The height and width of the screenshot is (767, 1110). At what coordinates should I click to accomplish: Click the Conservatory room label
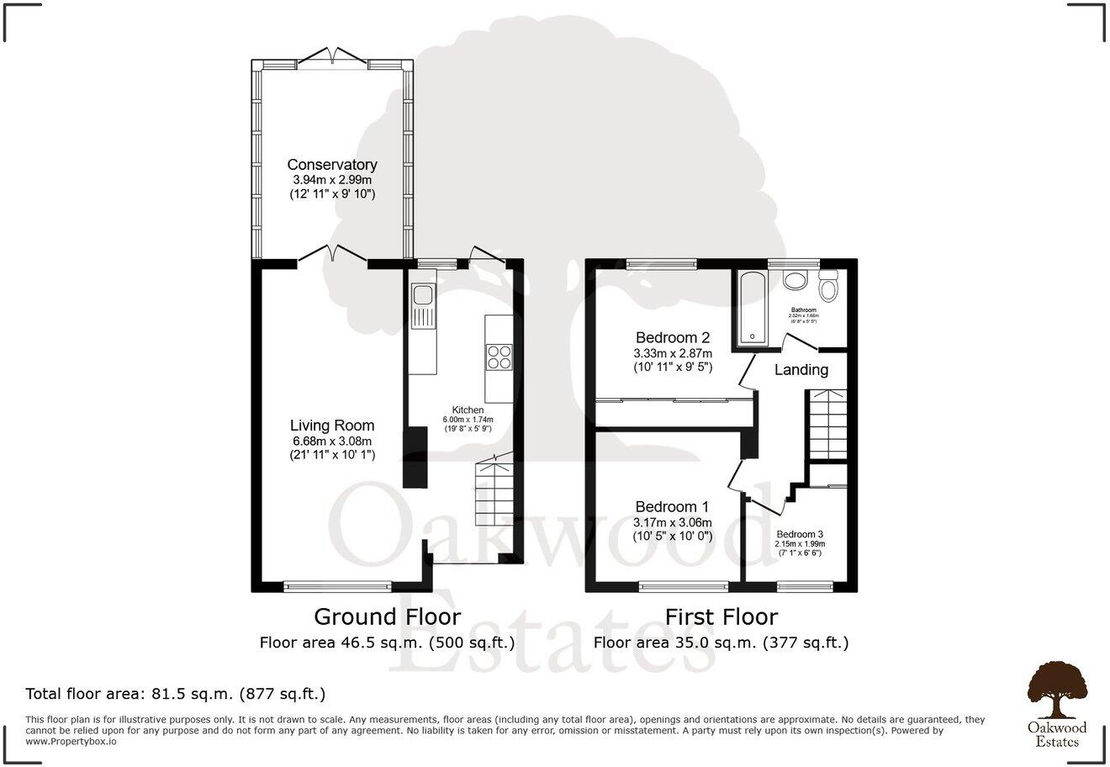(332, 165)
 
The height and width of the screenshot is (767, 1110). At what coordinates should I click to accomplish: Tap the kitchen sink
(422, 295)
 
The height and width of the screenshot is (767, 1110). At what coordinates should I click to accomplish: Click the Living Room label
(332, 426)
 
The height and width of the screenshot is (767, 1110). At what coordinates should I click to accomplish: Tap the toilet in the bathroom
(828, 288)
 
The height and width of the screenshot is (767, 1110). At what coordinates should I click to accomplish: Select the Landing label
(801, 370)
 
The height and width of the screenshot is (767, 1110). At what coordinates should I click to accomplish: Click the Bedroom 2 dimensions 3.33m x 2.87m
(673, 353)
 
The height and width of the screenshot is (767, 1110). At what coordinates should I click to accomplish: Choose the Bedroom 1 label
(672, 507)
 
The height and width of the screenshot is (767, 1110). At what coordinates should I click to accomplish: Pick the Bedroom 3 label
(800, 535)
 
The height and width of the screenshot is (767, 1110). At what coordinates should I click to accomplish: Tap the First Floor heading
(721, 616)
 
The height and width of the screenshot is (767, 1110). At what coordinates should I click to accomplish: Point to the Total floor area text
(176, 695)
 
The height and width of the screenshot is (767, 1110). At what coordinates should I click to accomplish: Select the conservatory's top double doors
(332, 57)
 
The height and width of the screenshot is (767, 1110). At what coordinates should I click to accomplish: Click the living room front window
(337, 585)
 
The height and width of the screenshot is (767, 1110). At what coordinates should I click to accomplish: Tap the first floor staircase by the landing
(827, 425)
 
